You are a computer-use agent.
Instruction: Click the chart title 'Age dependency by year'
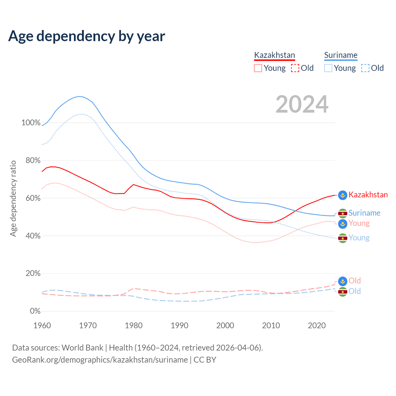pos(87,36)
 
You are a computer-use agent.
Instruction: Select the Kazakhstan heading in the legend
pos(274,55)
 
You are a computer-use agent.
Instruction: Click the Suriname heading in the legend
pos(341,55)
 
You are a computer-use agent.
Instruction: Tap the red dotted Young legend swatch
pos(258,68)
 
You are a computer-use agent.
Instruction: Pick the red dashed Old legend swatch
pos(295,68)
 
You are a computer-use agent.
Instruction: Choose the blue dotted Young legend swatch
pos(328,68)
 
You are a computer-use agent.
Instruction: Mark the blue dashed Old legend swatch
pos(365,68)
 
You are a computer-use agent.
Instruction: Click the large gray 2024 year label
pos(302,104)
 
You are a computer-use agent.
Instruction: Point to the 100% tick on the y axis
pos(31,123)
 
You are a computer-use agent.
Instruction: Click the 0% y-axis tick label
pos(35,311)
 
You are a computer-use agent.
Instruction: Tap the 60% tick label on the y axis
pos(33,198)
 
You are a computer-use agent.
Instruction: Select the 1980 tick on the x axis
pos(134,325)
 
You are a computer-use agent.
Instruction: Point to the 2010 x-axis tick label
pos(271,325)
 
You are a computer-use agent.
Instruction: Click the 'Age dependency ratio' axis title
pos(13,198)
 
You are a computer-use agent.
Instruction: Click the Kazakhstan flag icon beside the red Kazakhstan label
pos(342,195)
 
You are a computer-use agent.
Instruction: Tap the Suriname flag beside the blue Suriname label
pos(342,213)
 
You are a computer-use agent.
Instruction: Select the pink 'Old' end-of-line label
pos(355,281)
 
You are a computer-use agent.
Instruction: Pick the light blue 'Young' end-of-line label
pos(359,238)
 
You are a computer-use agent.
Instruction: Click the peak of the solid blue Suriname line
pos(79,97)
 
